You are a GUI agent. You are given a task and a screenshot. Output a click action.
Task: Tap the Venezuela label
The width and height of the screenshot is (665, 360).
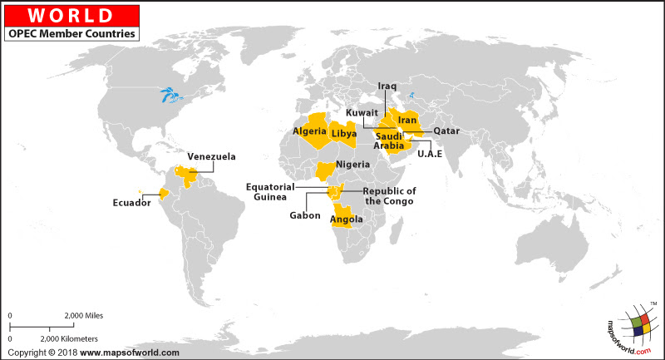tap(211, 156)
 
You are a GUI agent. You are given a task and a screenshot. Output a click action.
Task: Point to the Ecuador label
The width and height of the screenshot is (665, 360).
tap(131, 201)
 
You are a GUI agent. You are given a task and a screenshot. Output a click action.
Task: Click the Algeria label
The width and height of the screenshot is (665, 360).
tap(309, 131)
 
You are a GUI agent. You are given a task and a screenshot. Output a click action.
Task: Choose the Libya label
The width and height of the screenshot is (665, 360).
tap(343, 133)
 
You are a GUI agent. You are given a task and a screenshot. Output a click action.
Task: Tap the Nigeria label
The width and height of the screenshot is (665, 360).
tap(352, 165)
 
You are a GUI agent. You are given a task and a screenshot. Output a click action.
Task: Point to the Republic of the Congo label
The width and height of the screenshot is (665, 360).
tap(390, 196)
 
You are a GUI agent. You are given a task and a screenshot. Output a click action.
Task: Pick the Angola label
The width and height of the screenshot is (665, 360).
tap(346, 219)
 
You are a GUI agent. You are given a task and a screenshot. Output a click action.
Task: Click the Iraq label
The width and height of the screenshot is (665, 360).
tap(387, 86)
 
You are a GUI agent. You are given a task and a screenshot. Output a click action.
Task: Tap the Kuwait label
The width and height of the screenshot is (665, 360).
tap(362, 112)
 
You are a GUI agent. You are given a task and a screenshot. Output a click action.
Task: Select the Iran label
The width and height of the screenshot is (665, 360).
tap(406, 121)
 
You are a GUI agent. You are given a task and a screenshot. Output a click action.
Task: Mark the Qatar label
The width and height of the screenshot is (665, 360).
tap(446, 131)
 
